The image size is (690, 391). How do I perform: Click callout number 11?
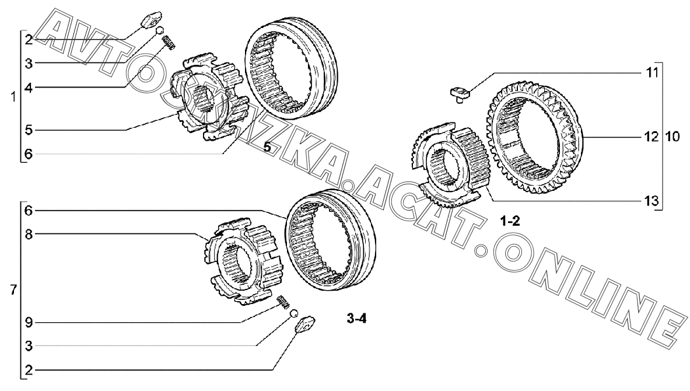(x=652, y=72)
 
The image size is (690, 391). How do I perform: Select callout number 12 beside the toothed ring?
(x=652, y=137)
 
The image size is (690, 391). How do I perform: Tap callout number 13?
(x=652, y=201)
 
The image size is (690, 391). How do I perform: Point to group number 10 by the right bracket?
(x=673, y=137)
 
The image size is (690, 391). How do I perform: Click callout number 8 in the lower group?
(x=29, y=234)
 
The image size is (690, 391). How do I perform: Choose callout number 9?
(x=29, y=323)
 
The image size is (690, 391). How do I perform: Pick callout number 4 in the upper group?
(x=29, y=88)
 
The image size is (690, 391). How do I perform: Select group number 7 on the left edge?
(x=13, y=290)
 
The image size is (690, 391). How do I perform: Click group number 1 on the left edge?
(x=13, y=97)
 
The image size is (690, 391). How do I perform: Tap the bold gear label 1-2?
(x=510, y=221)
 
